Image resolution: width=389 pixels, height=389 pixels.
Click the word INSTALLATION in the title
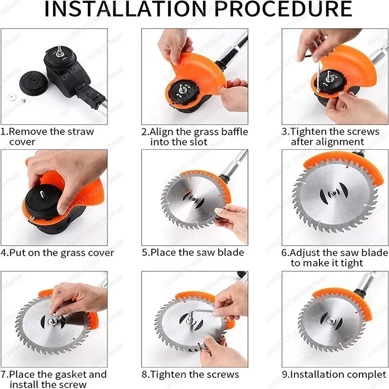click(125, 9)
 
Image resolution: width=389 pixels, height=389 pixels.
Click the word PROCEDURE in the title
click(283, 9)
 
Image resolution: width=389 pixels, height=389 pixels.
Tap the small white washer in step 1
click(11, 97)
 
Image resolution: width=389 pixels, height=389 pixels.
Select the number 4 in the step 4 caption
click(3, 253)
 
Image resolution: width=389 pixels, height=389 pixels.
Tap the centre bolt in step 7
click(53, 321)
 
